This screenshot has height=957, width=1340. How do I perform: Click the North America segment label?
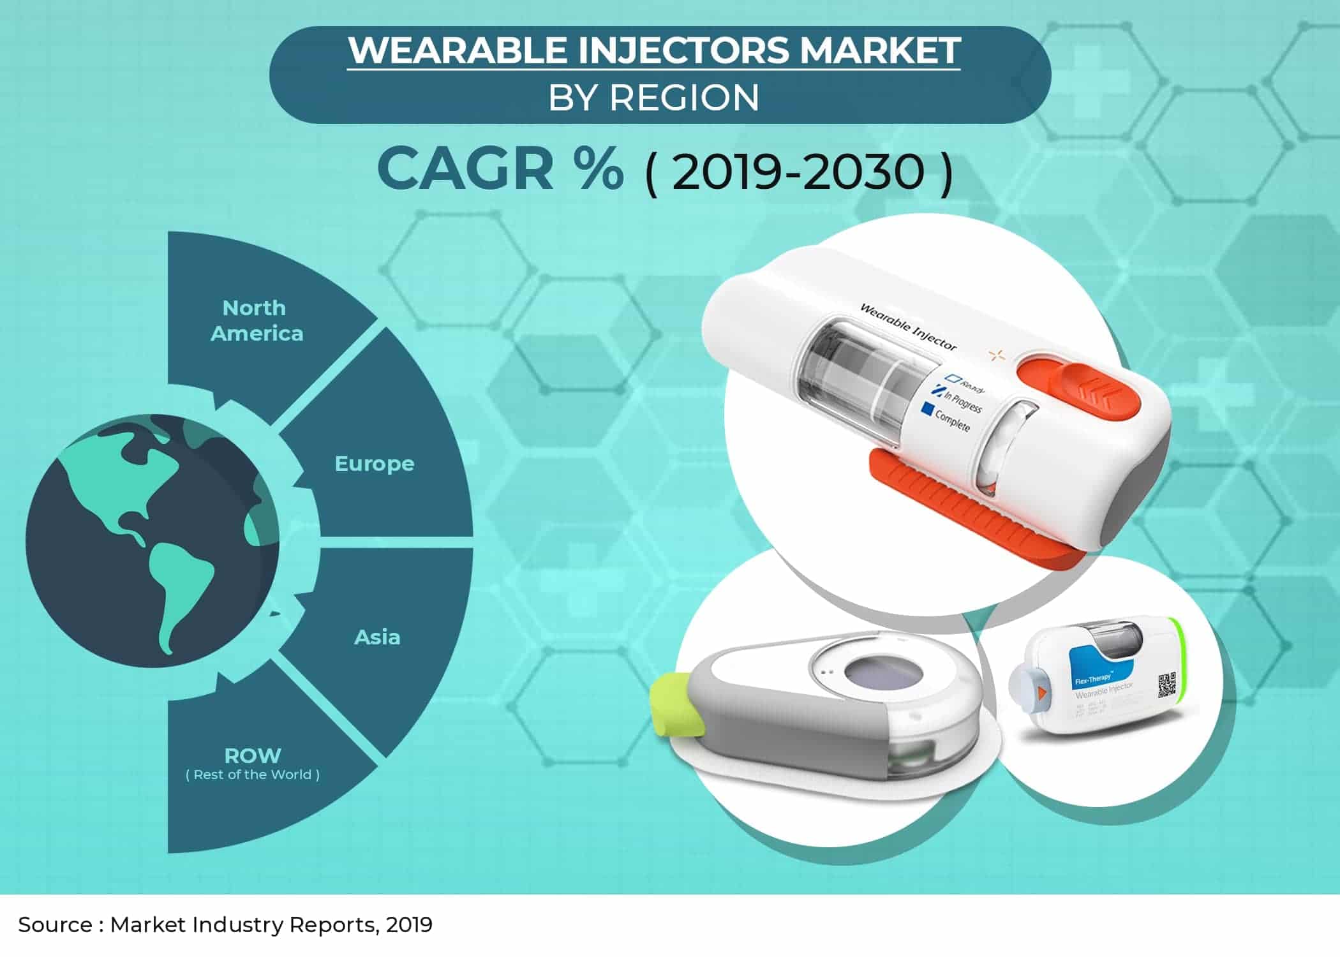(x=257, y=321)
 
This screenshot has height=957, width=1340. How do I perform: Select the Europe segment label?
(x=375, y=464)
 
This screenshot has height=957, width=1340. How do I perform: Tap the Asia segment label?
(x=377, y=637)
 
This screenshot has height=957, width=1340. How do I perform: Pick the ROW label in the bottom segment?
(x=253, y=756)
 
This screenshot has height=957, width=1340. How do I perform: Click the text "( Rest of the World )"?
(x=253, y=775)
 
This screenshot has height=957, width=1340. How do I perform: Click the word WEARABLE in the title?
(x=458, y=51)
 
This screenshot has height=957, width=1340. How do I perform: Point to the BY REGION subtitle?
(x=653, y=98)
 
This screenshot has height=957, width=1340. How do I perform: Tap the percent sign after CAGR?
(x=598, y=169)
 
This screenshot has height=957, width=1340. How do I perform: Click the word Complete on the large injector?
(x=952, y=420)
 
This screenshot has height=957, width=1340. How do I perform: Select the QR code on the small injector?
(x=1166, y=685)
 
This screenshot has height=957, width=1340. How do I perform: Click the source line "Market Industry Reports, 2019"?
(x=271, y=925)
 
